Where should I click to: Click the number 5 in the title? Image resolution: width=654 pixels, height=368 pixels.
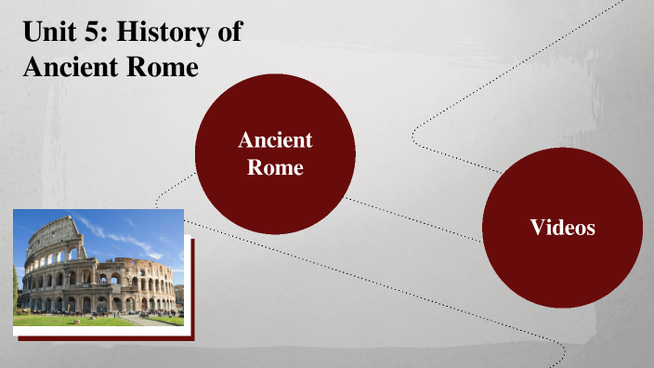click(x=95, y=33)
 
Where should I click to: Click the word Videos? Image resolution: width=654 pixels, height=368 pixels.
click(x=562, y=226)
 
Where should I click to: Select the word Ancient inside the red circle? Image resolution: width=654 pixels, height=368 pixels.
click(x=275, y=140)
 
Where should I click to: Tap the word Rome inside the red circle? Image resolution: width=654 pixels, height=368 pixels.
click(x=275, y=168)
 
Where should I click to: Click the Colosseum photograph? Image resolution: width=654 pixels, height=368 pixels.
click(x=98, y=269)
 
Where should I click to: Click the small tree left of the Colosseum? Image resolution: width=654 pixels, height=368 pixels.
click(x=16, y=290)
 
